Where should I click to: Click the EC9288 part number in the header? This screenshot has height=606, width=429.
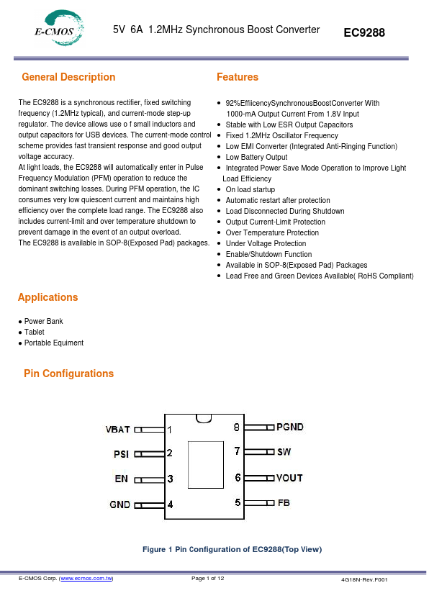364,33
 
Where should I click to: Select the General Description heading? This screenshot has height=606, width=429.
68,77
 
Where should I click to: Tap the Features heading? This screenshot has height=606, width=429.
237,77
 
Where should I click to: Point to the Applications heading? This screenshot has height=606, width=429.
48,297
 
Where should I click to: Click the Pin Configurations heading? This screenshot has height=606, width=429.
68,374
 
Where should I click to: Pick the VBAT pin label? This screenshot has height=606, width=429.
117,429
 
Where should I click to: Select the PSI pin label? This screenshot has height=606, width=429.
122,453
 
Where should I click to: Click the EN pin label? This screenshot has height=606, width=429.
122,478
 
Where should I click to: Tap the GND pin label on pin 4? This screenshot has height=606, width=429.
119,505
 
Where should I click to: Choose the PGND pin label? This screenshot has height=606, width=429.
290,427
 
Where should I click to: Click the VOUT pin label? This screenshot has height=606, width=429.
289,477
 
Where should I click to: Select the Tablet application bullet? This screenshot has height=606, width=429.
34,332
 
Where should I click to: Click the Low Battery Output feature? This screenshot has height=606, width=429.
256,157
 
